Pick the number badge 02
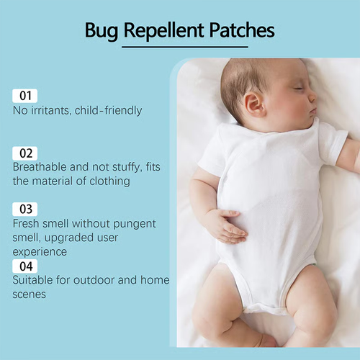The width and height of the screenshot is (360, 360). (x=25, y=153)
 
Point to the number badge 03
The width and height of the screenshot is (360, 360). (x=25, y=210)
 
